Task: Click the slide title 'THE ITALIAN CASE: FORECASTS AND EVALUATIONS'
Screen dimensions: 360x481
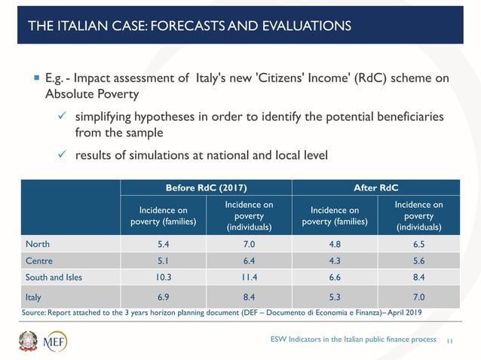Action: tap(188, 26)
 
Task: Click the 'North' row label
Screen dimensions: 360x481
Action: tap(38, 244)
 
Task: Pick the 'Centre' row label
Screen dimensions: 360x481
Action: tap(39, 260)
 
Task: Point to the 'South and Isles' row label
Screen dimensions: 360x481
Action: tap(54, 276)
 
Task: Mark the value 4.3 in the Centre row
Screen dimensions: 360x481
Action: tap(333, 260)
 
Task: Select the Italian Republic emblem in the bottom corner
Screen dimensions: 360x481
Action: tap(29, 340)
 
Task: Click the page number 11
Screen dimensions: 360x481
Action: tap(450, 340)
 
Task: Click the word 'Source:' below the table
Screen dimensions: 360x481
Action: tap(35, 311)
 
